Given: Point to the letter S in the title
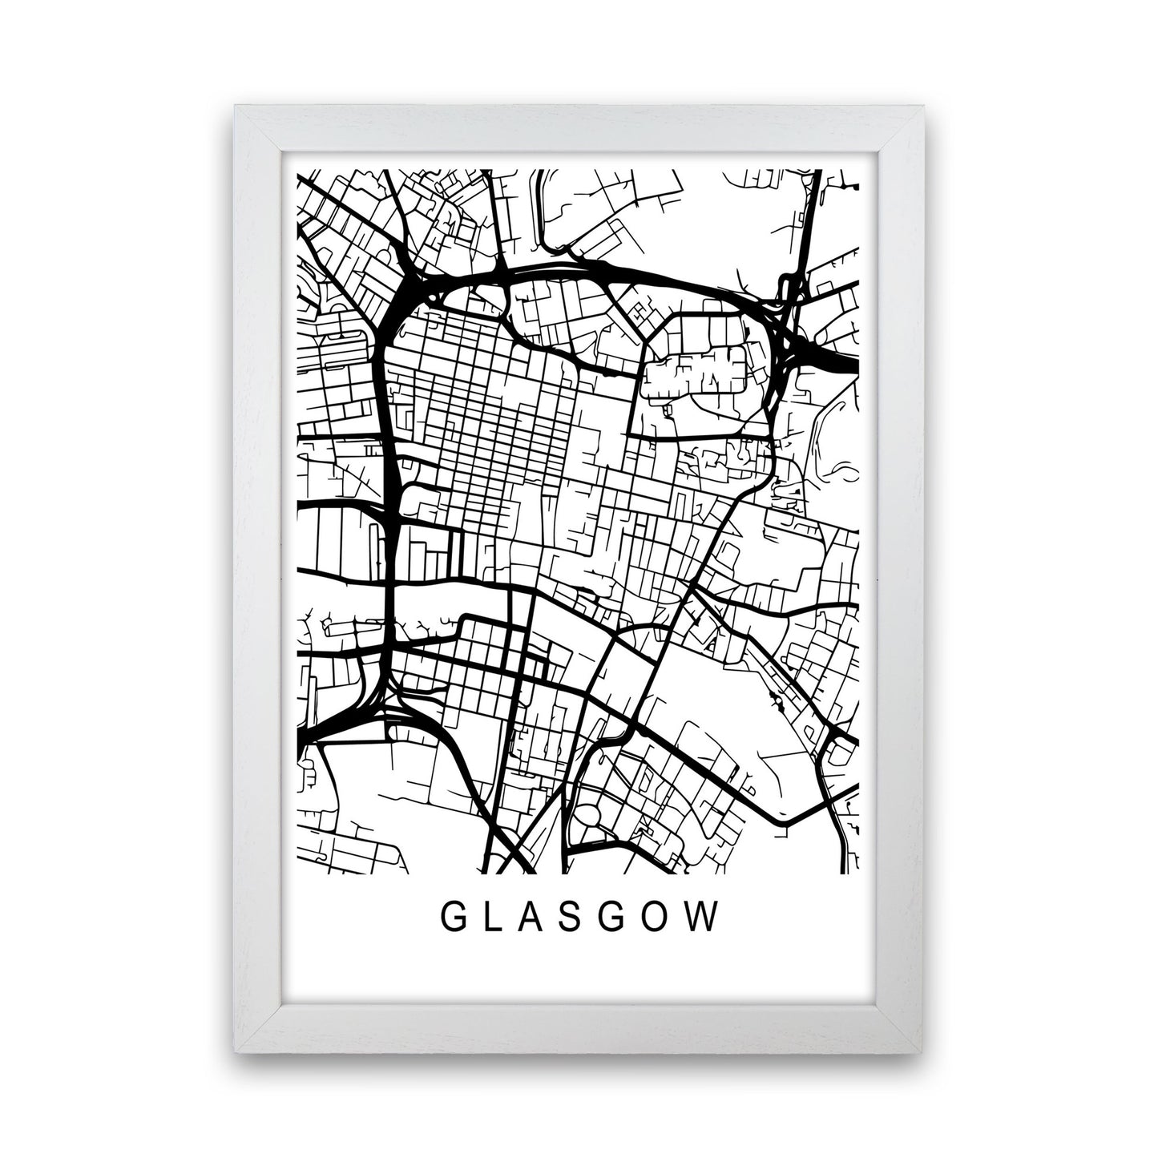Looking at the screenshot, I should (578, 918).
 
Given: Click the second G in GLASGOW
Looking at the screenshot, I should (620, 918).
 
